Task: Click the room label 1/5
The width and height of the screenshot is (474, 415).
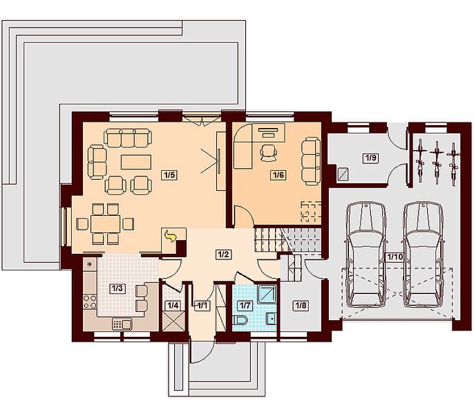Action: (169, 175)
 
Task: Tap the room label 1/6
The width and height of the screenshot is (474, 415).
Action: (278, 175)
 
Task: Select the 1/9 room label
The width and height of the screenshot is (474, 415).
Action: (371, 158)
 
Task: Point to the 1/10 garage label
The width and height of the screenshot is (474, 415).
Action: (395, 257)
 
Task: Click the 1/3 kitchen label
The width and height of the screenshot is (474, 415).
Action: (117, 288)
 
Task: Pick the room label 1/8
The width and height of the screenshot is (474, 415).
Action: (301, 306)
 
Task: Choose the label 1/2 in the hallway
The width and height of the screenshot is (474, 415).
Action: (223, 255)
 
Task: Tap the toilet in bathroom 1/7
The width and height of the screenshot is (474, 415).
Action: (240, 320)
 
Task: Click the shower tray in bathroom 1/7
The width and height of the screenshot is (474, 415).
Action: (267, 294)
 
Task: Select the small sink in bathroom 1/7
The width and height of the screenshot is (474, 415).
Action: (271, 318)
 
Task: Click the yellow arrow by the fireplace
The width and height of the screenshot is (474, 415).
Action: (171, 235)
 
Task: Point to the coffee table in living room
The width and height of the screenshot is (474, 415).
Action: (136, 162)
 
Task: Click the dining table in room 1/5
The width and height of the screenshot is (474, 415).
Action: (105, 223)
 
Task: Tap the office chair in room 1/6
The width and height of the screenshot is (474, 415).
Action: (268, 153)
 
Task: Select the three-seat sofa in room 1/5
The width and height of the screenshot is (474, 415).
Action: (128, 138)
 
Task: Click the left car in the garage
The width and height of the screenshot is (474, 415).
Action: (366, 255)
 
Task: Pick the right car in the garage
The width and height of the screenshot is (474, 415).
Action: (423, 255)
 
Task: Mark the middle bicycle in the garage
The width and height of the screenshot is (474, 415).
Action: (436, 163)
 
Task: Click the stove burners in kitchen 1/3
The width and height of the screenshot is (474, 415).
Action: (90, 302)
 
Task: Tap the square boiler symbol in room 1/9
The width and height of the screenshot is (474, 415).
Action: (343, 174)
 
